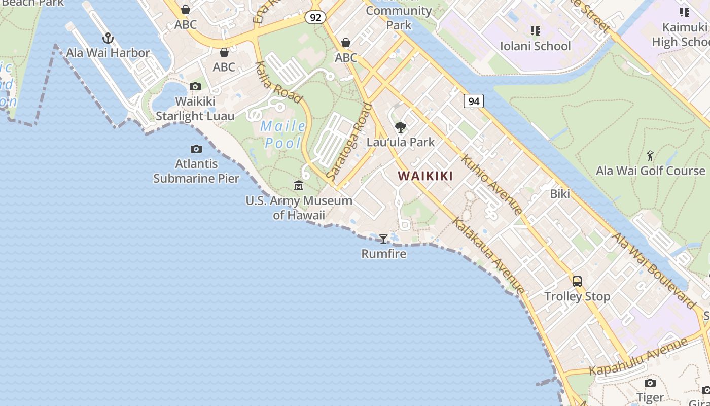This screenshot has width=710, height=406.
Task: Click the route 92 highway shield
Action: click(315, 17)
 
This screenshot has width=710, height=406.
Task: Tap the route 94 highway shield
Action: click(474, 101)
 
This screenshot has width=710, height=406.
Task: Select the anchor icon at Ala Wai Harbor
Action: click(108, 38)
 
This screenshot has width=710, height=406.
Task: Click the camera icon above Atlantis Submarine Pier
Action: click(196, 149)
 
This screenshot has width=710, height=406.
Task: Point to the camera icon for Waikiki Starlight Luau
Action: click(195, 87)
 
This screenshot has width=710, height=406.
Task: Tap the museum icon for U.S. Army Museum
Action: click(299, 186)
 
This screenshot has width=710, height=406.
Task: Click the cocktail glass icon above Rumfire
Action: click(383, 239)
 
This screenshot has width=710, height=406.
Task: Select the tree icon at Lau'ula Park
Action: click(401, 127)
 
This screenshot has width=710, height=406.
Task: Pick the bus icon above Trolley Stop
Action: click(577, 281)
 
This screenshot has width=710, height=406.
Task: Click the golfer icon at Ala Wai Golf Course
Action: click(651, 156)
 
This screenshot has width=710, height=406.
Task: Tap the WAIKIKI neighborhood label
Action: click(425, 176)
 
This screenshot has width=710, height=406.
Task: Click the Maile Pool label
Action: click(283, 134)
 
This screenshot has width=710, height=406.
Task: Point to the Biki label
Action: click(560, 194)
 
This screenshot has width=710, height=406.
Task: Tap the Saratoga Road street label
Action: click(349, 142)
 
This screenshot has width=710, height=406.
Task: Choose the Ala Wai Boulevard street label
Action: click(654, 271)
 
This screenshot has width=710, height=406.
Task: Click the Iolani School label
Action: click(536, 46)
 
